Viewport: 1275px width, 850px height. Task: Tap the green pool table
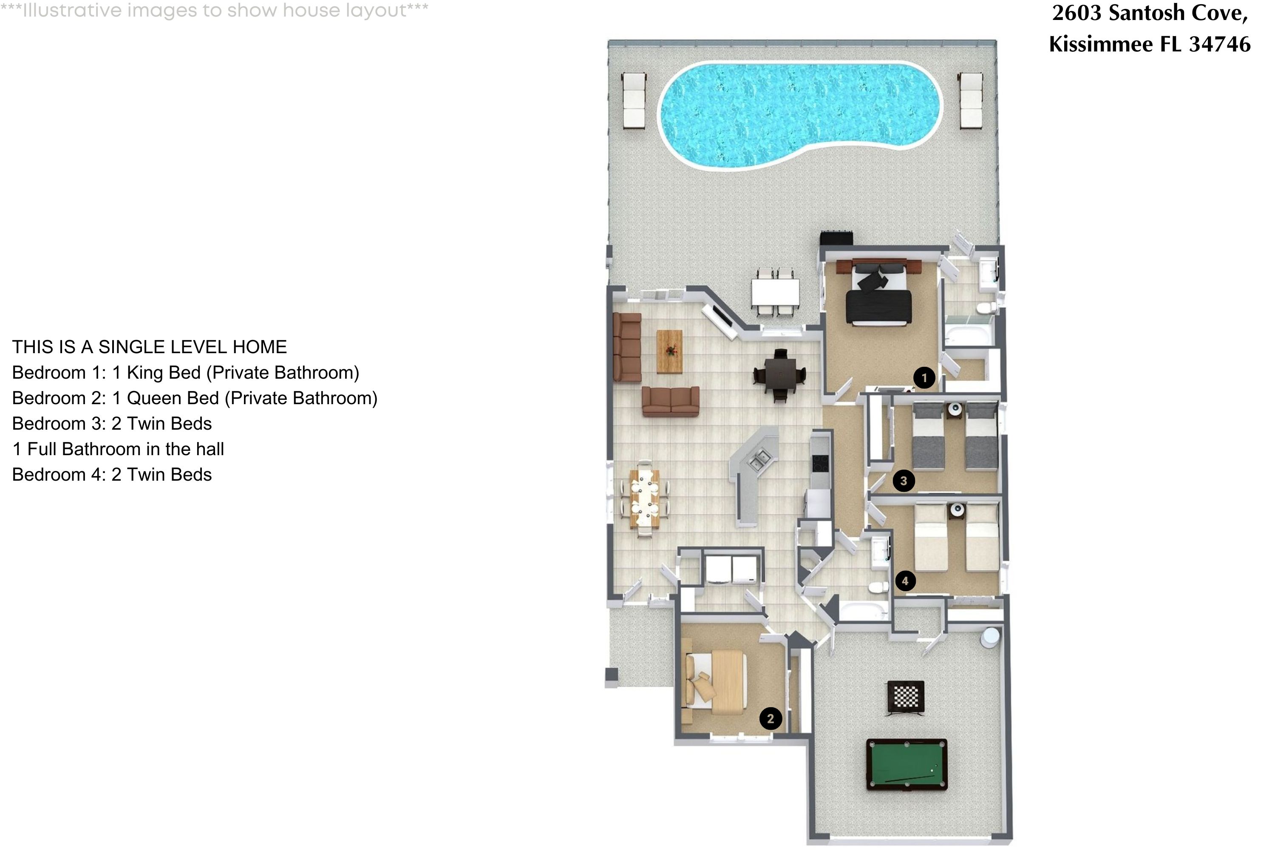[x=907, y=764]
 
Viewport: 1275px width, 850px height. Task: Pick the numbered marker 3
[x=903, y=481]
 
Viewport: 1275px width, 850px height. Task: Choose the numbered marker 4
[x=905, y=581]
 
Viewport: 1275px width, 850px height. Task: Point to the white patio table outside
[x=775, y=292]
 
